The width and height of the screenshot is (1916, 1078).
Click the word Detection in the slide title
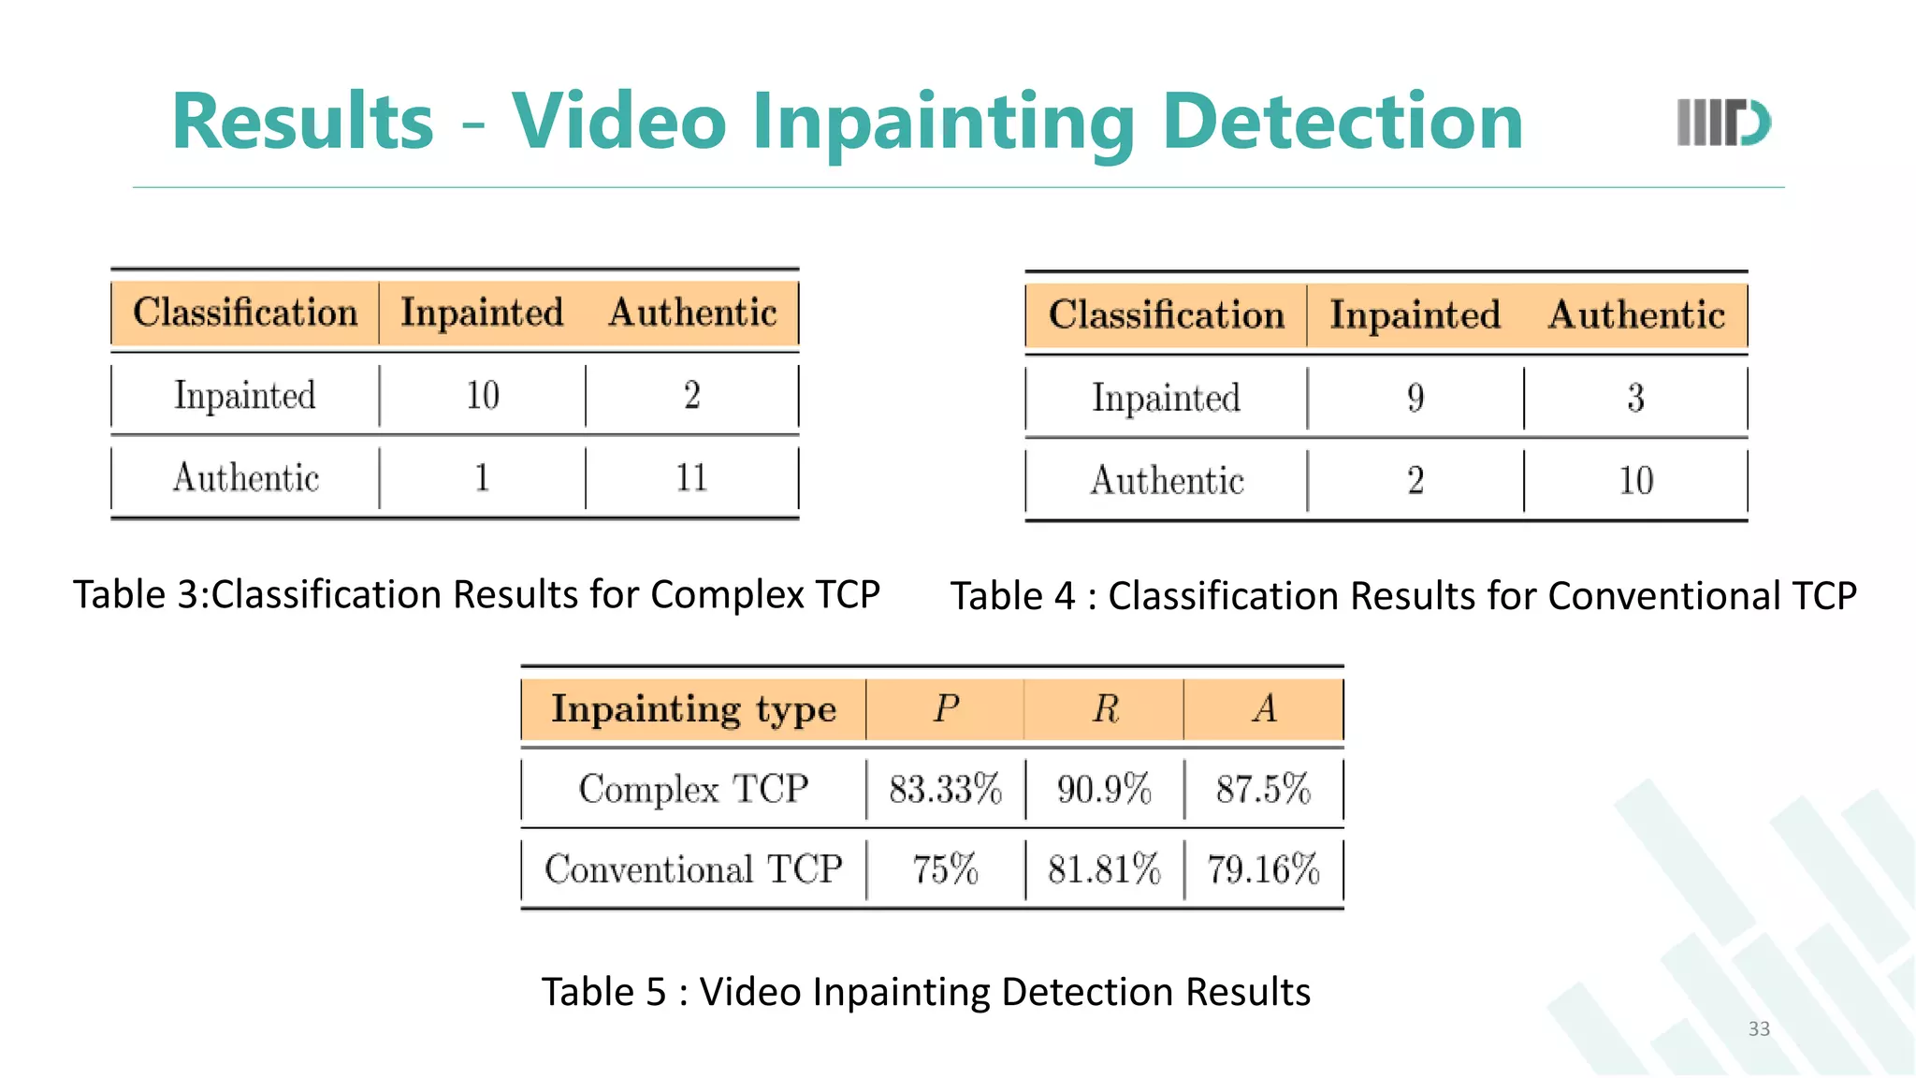[1343, 122]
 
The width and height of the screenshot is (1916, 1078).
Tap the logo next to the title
[1723, 123]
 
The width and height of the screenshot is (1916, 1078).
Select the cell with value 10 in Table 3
[483, 396]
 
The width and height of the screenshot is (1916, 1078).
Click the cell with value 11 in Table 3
[691, 478]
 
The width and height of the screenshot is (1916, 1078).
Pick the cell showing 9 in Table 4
[1415, 399]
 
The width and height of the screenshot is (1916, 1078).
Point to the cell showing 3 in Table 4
[1635, 399]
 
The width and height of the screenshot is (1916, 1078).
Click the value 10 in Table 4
[1635, 481]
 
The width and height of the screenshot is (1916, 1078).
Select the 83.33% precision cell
[945, 790]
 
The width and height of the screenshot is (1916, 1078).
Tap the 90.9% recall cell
[1104, 790]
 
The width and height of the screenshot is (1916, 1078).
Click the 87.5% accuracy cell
[1263, 790]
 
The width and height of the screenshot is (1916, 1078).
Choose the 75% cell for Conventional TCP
[945, 870]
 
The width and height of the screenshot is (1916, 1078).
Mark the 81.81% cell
[1104, 870]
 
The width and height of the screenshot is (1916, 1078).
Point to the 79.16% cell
[1263, 870]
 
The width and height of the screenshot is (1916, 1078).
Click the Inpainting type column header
[693, 709]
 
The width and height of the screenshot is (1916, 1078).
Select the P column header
[945, 709]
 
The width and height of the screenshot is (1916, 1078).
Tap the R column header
[1105, 709]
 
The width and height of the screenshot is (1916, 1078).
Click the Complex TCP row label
[693, 790]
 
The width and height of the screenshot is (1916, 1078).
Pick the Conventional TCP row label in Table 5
[693, 870]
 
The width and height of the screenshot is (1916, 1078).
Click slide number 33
[1759, 1029]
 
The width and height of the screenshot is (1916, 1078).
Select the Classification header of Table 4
[1166, 315]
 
